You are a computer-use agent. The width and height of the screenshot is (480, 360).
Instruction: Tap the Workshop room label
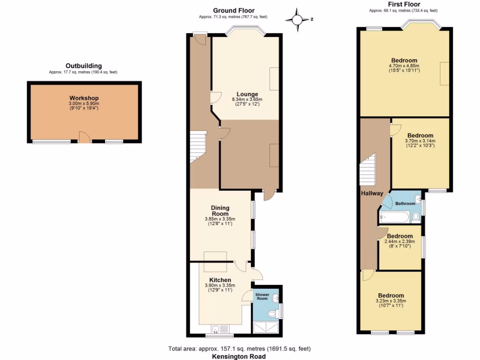point(84,97)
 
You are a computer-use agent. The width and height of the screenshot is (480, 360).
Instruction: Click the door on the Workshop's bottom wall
point(84,137)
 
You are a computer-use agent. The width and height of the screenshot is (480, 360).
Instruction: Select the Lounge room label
point(247,94)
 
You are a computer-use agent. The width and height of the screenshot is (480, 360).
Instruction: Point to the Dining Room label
point(220,210)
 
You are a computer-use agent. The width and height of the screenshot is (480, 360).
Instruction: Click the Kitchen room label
point(220,280)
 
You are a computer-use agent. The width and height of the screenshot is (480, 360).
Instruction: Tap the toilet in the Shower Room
point(271,314)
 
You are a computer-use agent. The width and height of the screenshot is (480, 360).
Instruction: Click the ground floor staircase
point(198,147)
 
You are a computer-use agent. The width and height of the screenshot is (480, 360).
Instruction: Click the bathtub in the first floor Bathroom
point(395,217)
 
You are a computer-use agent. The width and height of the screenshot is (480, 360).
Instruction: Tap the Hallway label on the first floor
point(372,193)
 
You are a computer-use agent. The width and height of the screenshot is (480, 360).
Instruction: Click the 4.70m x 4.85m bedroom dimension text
point(404,66)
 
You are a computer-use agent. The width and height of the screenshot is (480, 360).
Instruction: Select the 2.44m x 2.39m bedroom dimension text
point(400,241)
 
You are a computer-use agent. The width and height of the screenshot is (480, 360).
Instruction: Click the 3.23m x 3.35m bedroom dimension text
point(391,301)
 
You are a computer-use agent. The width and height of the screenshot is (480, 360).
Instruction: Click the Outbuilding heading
point(83,66)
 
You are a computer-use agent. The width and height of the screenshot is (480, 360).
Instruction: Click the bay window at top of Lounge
point(246,31)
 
